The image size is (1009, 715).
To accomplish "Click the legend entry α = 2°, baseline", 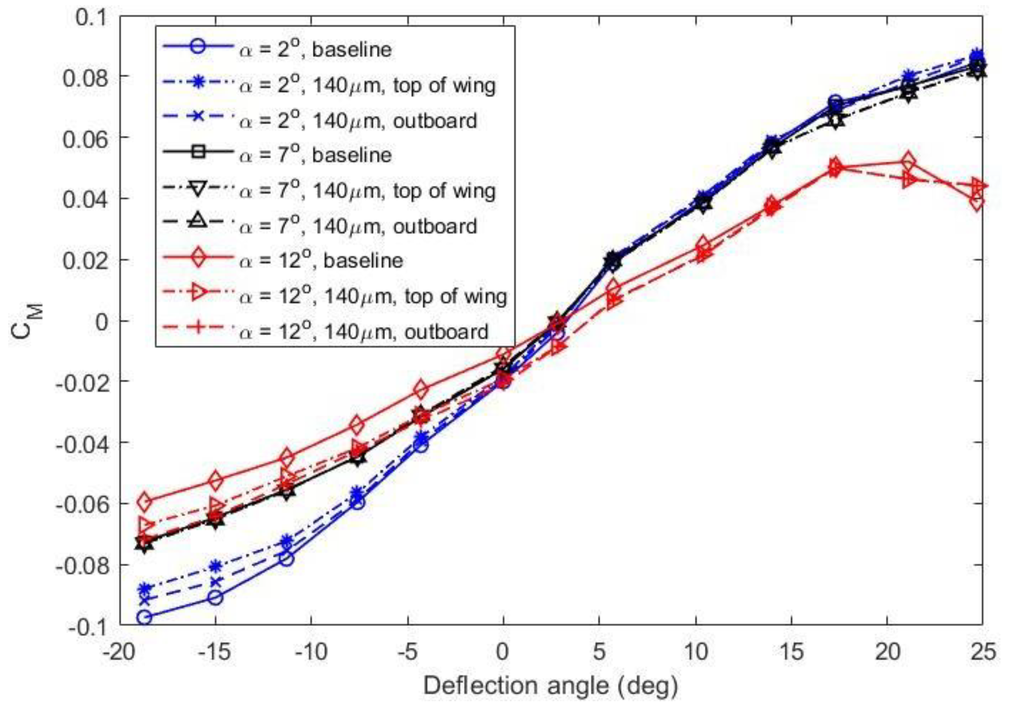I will click(315, 50).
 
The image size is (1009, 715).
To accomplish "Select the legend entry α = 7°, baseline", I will click(315, 155).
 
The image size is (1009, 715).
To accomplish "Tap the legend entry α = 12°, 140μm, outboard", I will click(363, 332).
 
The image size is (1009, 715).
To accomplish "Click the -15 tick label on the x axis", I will click(215, 652).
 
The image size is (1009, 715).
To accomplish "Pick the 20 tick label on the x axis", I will click(887, 652).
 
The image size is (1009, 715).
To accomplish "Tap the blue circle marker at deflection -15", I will click(215, 598).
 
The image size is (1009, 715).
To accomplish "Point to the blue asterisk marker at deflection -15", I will click(215, 566).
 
